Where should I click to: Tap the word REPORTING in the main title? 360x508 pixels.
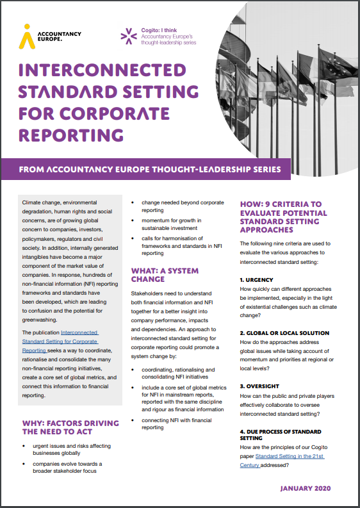70,135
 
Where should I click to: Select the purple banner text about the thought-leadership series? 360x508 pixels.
150,170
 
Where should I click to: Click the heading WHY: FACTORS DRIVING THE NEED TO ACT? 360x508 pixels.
70,427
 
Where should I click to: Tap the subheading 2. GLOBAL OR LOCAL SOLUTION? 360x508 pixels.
284,333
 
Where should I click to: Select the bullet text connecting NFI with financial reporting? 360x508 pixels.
174,423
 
